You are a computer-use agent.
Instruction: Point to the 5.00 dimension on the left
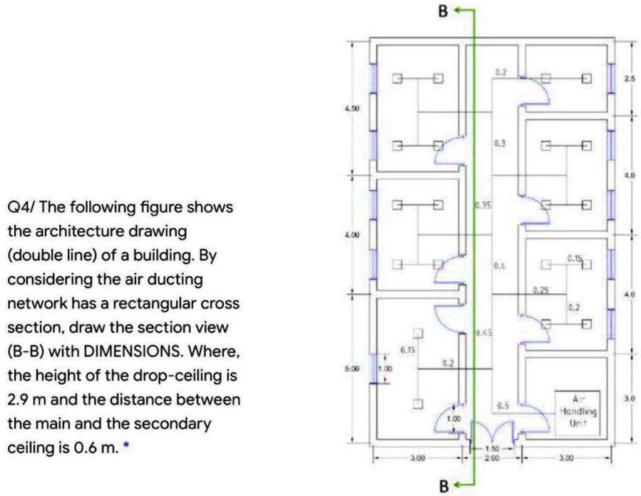pyautogui.click(x=352, y=370)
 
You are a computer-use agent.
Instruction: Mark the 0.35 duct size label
pyautogui.click(x=483, y=206)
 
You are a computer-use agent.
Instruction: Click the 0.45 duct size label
pyautogui.click(x=483, y=332)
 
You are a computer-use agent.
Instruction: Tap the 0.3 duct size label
pyautogui.click(x=501, y=143)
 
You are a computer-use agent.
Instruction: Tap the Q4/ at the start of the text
pyautogui.click(x=21, y=207)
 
